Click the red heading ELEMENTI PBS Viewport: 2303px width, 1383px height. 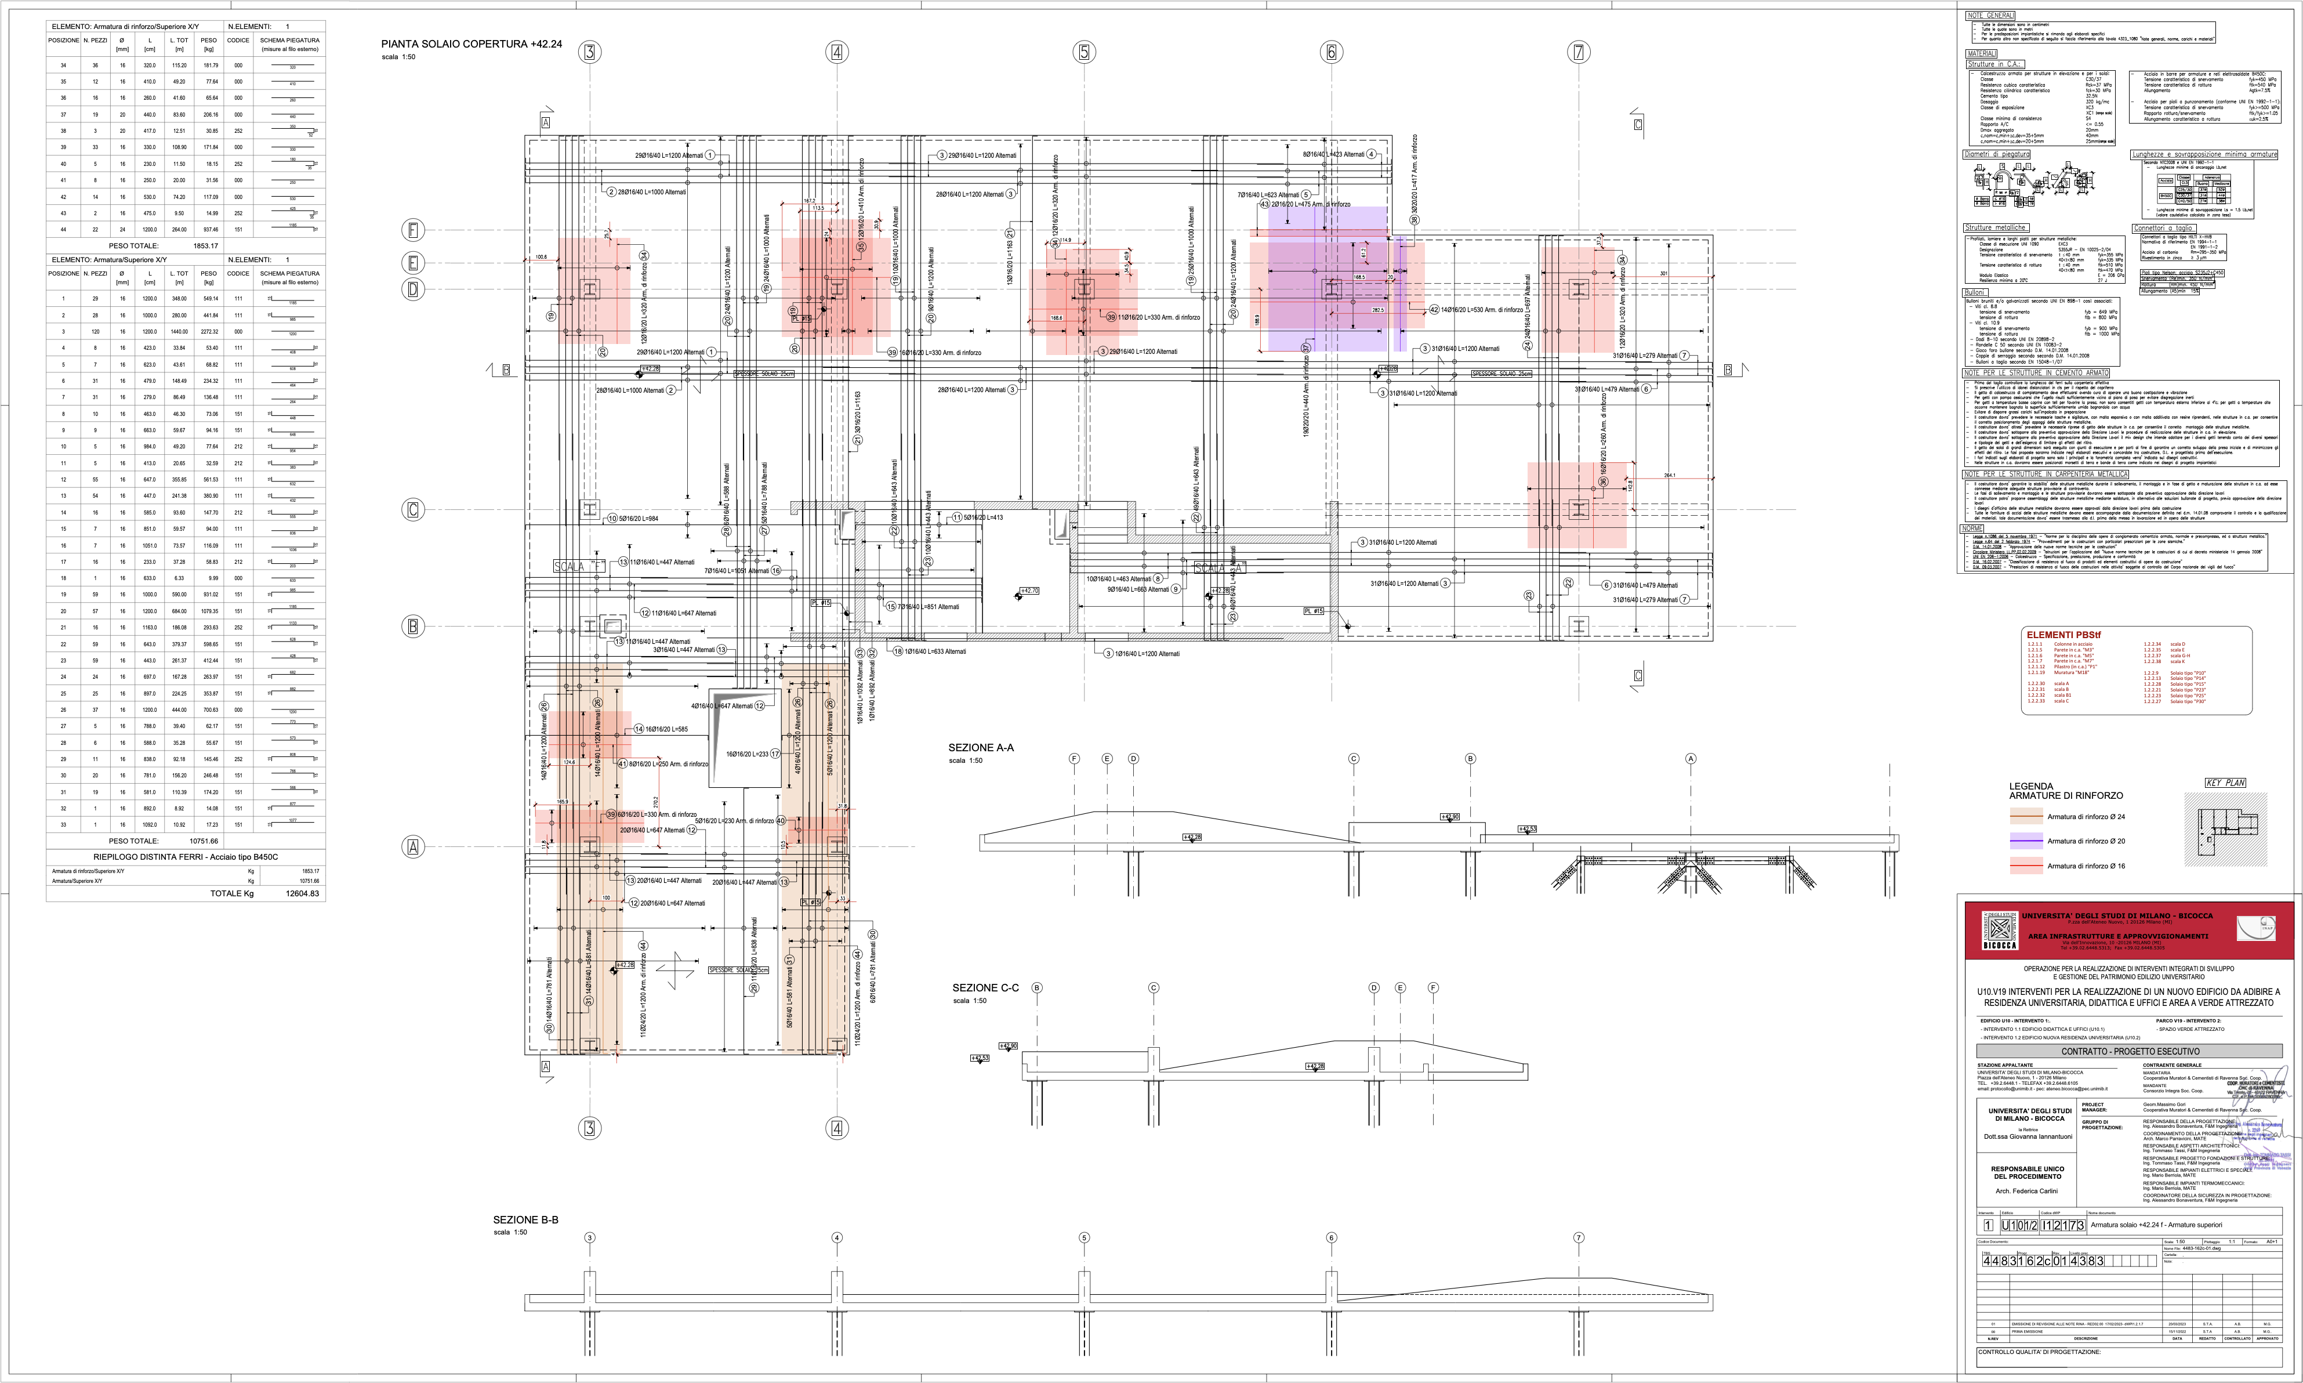pos(2063,635)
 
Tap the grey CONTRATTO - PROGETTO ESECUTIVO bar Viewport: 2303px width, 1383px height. pos(2129,1051)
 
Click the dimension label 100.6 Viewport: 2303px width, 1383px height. pos(541,256)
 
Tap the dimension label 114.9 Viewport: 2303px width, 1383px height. pos(1065,240)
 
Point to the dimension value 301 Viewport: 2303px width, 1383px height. pos(1663,273)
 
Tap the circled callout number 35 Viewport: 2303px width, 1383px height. pos(861,248)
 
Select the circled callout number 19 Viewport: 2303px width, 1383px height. pos(793,310)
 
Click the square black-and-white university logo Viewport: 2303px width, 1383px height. pos(1999,929)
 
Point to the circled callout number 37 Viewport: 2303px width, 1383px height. pos(1305,347)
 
